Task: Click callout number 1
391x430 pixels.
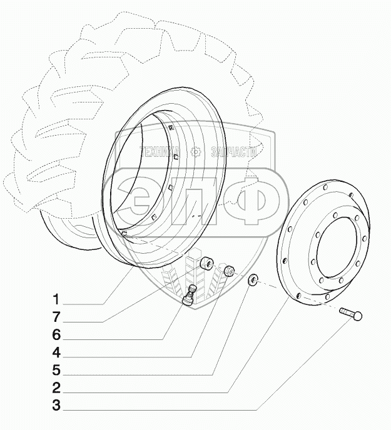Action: pyautogui.click(x=56, y=297)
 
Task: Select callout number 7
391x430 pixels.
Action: pyautogui.click(x=56, y=316)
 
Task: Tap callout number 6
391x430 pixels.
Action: pyautogui.click(x=56, y=333)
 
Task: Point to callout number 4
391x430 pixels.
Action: pyautogui.click(x=56, y=351)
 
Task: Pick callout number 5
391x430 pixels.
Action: pyautogui.click(x=56, y=369)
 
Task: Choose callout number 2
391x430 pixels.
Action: pyautogui.click(x=56, y=387)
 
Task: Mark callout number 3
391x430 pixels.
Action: pyautogui.click(x=56, y=405)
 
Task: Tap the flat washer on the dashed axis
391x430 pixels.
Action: pyautogui.click(x=254, y=279)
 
